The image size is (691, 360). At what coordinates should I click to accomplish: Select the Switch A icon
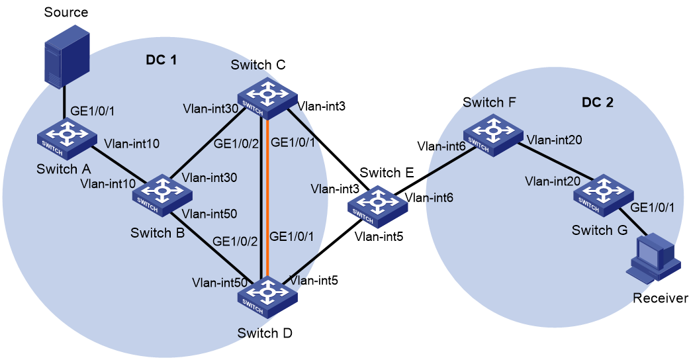tap(67, 138)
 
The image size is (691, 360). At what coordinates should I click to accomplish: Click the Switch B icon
tap(163, 195)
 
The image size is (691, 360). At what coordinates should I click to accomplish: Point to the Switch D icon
tap(267, 296)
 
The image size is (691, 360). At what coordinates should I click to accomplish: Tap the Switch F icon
tap(492, 135)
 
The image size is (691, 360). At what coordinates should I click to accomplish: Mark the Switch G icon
tap(603, 195)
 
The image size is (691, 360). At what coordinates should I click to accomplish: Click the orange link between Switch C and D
tap(266, 199)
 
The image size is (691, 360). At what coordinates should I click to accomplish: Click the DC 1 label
tap(161, 60)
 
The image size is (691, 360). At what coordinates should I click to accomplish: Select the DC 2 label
tap(597, 102)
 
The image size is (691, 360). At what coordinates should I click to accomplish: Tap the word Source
tap(66, 12)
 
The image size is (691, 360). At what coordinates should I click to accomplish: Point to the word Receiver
tap(660, 298)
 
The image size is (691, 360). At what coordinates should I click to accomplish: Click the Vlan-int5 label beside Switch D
tap(313, 280)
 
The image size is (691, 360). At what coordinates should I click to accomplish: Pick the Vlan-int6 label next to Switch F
tap(441, 146)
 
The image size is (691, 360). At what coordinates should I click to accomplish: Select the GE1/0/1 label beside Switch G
tap(652, 208)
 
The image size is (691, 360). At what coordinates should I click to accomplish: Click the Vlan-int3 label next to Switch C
tap(321, 106)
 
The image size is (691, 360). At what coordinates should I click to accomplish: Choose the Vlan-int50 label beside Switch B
tap(209, 214)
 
